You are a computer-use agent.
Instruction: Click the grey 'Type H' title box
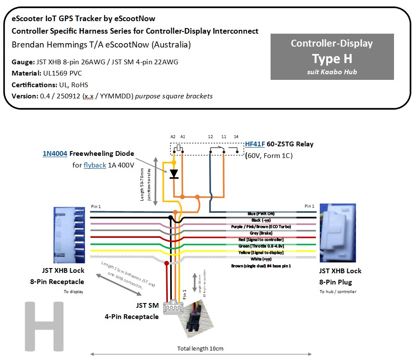coord(332,57)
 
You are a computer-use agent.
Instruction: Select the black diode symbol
coord(174,174)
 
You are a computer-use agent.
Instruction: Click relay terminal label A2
coord(173,136)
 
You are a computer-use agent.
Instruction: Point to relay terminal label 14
coord(236,136)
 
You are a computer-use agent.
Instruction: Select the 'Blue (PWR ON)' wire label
coord(261,214)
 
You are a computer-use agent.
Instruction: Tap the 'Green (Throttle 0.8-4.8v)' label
coord(260,246)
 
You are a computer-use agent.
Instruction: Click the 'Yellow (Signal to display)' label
coord(260,253)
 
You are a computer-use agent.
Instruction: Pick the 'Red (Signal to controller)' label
coord(260,240)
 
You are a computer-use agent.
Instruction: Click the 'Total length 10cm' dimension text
coord(200,348)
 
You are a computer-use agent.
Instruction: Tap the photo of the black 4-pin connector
coord(196,314)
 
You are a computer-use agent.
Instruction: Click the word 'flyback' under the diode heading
coord(95,165)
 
